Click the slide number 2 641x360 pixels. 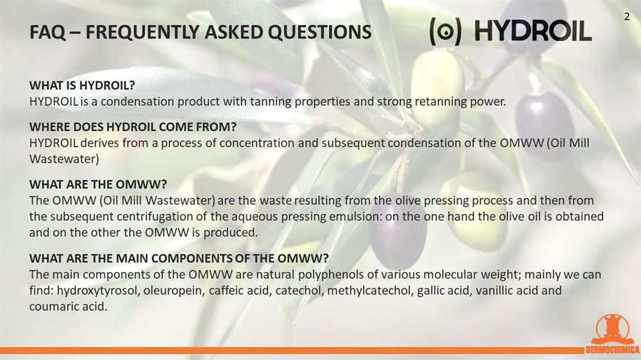627,17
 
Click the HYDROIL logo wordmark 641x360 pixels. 533,31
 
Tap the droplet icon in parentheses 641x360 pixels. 445,32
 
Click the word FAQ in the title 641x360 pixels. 47,32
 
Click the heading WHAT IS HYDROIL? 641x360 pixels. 82,85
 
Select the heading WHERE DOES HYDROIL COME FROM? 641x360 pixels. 133,127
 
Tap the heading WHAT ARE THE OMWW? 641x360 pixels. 98,184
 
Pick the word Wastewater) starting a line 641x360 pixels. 64,159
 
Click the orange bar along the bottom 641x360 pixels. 292,350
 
